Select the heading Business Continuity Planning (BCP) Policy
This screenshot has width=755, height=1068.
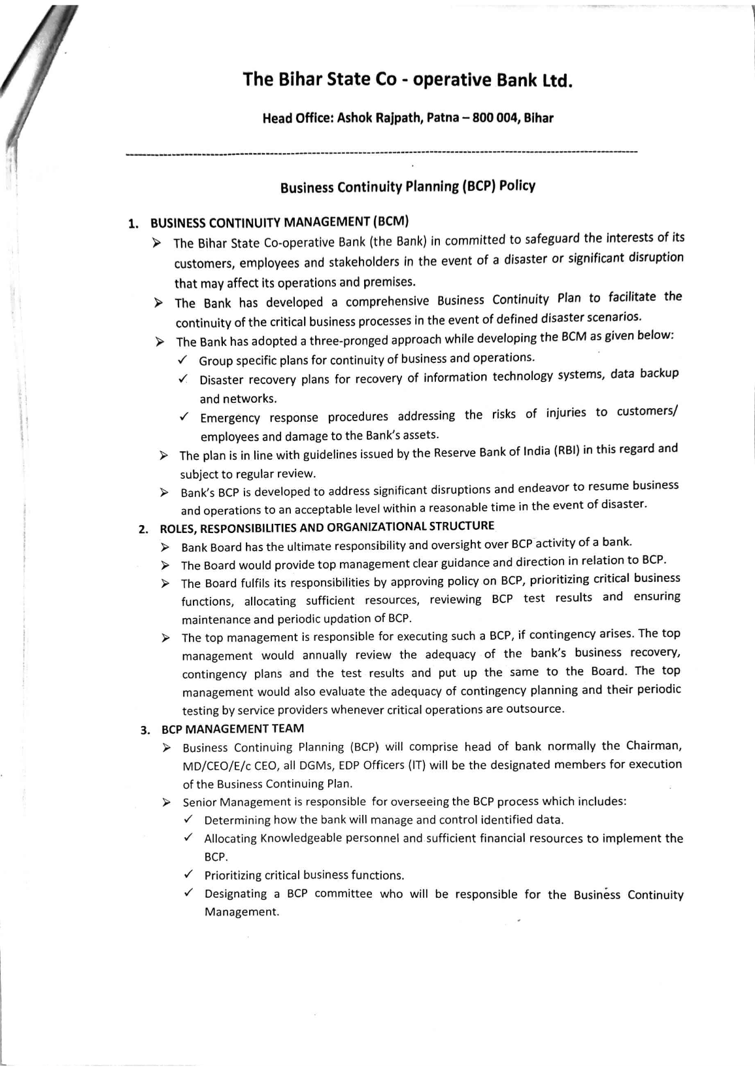[408, 186]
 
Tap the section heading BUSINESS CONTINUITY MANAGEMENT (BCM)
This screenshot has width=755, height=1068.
[280, 221]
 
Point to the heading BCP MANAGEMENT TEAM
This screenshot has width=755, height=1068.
[233, 729]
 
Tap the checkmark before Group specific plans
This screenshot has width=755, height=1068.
[184, 360]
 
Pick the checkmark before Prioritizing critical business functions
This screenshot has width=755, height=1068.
[188, 874]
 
